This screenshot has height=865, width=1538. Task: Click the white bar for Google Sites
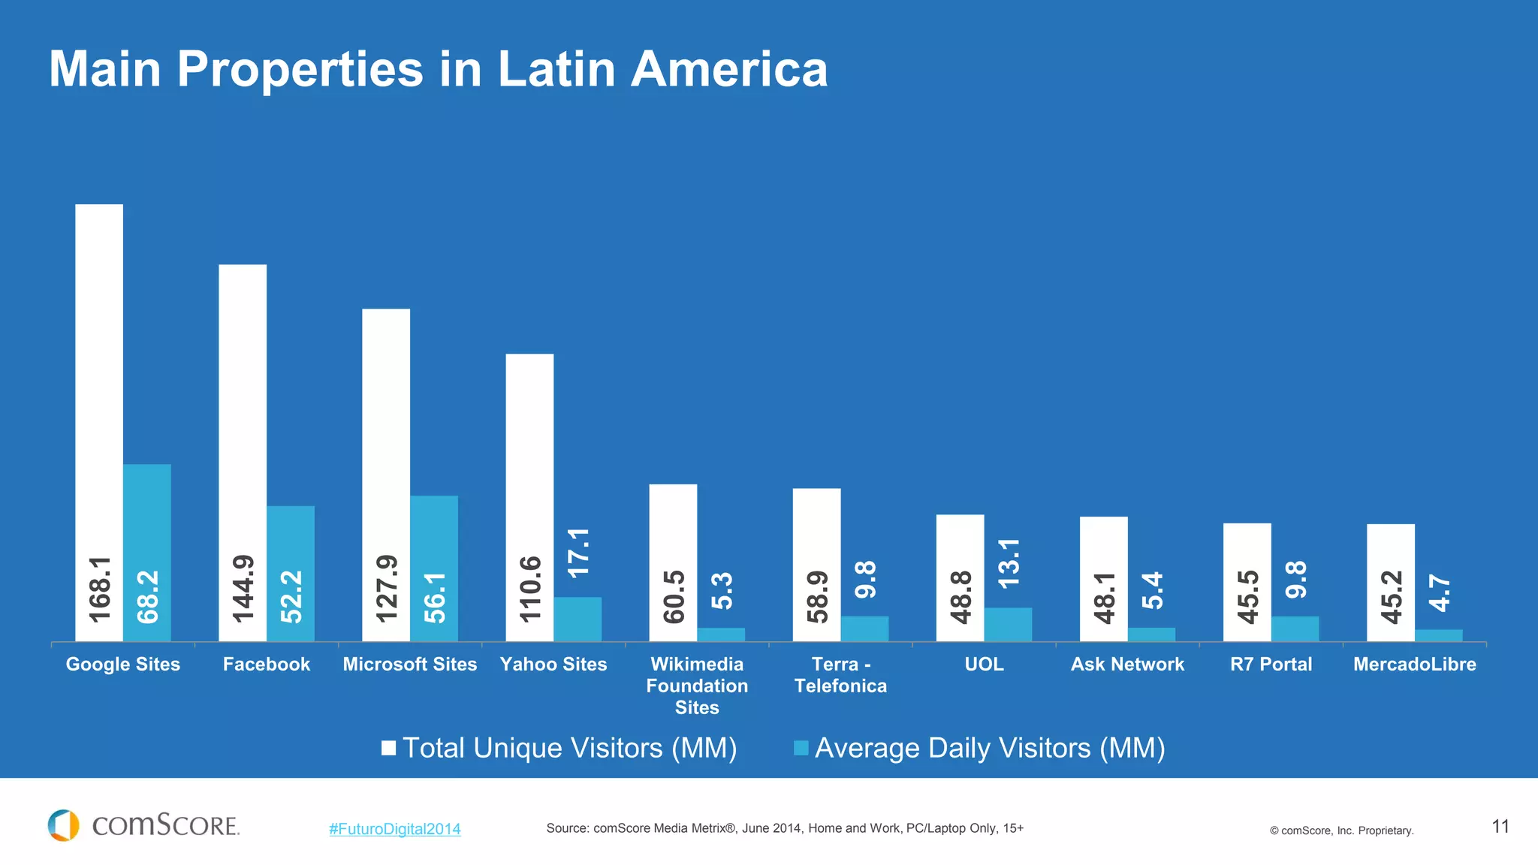[x=99, y=375]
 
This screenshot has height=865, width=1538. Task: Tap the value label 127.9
[x=386, y=589]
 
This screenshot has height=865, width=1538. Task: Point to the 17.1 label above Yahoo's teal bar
[x=578, y=553]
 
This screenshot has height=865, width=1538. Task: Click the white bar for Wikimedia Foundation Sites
[x=673, y=526]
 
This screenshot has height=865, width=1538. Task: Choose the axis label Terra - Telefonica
[x=840, y=675]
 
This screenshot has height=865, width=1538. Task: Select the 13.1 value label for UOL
[x=1009, y=563]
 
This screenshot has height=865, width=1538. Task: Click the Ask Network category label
[x=1127, y=665]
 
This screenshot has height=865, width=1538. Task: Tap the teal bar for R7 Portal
[x=1295, y=629]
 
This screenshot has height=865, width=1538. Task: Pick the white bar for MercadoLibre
[x=1391, y=548]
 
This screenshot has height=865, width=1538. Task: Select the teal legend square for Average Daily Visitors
[x=801, y=748]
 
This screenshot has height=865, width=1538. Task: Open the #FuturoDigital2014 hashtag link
[x=395, y=829]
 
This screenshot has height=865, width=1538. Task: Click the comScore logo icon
[x=63, y=825]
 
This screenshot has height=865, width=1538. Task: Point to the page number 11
[x=1500, y=827]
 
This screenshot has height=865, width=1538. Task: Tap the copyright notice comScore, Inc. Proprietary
[x=1341, y=830]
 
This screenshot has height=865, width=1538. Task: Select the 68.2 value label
[x=148, y=597]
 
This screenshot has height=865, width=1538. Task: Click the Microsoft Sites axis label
[x=410, y=665]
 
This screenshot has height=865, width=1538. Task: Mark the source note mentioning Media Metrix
[x=785, y=828]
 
